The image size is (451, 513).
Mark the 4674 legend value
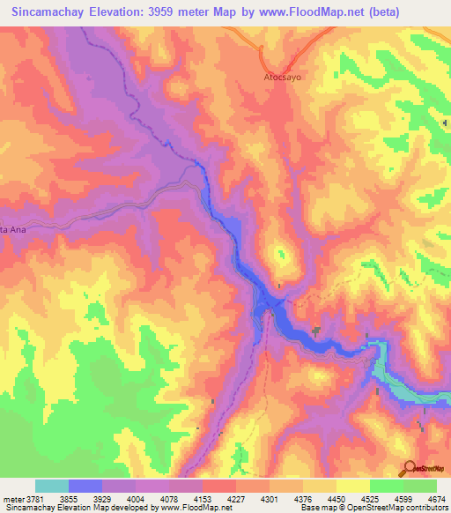point(434,498)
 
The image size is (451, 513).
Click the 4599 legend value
point(401,498)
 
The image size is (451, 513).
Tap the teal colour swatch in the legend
point(52,486)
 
